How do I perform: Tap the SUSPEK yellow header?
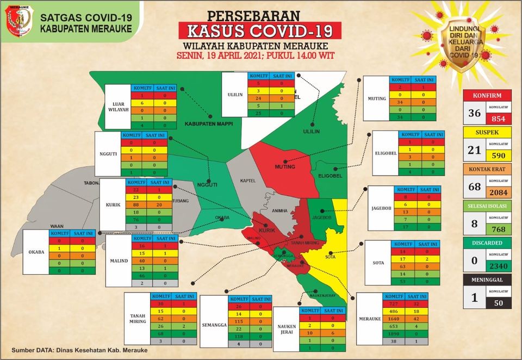pos(487,132)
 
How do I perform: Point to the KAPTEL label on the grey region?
pos(247,181)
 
